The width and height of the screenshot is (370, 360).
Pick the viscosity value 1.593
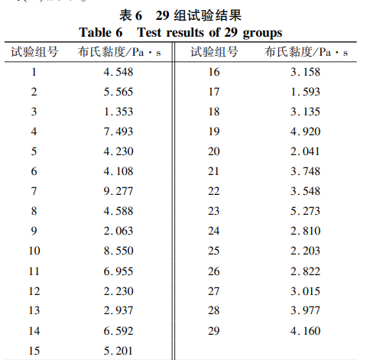(x=305, y=92)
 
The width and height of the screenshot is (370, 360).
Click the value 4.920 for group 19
(x=305, y=131)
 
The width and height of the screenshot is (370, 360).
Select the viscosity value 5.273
(x=305, y=211)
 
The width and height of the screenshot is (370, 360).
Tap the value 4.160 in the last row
(x=305, y=330)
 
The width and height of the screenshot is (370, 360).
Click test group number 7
(x=34, y=191)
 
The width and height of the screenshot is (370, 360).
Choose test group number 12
(x=34, y=290)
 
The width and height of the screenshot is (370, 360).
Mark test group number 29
(x=214, y=330)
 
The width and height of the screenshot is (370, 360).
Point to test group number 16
(x=214, y=72)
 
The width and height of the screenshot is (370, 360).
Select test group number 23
(x=214, y=211)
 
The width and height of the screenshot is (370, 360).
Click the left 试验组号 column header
(x=35, y=52)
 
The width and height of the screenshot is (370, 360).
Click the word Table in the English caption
(x=96, y=32)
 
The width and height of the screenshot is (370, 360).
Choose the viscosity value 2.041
(x=305, y=151)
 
